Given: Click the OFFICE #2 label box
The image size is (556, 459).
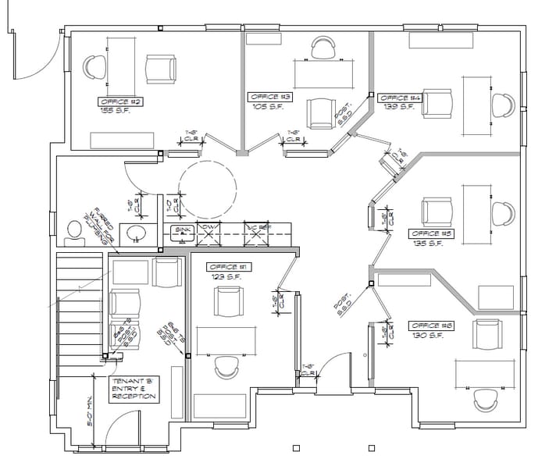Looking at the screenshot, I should pyautogui.click(x=120, y=101).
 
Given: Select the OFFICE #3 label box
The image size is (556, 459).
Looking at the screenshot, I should pyautogui.click(x=271, y=97).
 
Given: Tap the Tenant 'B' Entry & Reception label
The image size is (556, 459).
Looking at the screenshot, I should pyautogui.click(x=134, y=387).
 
